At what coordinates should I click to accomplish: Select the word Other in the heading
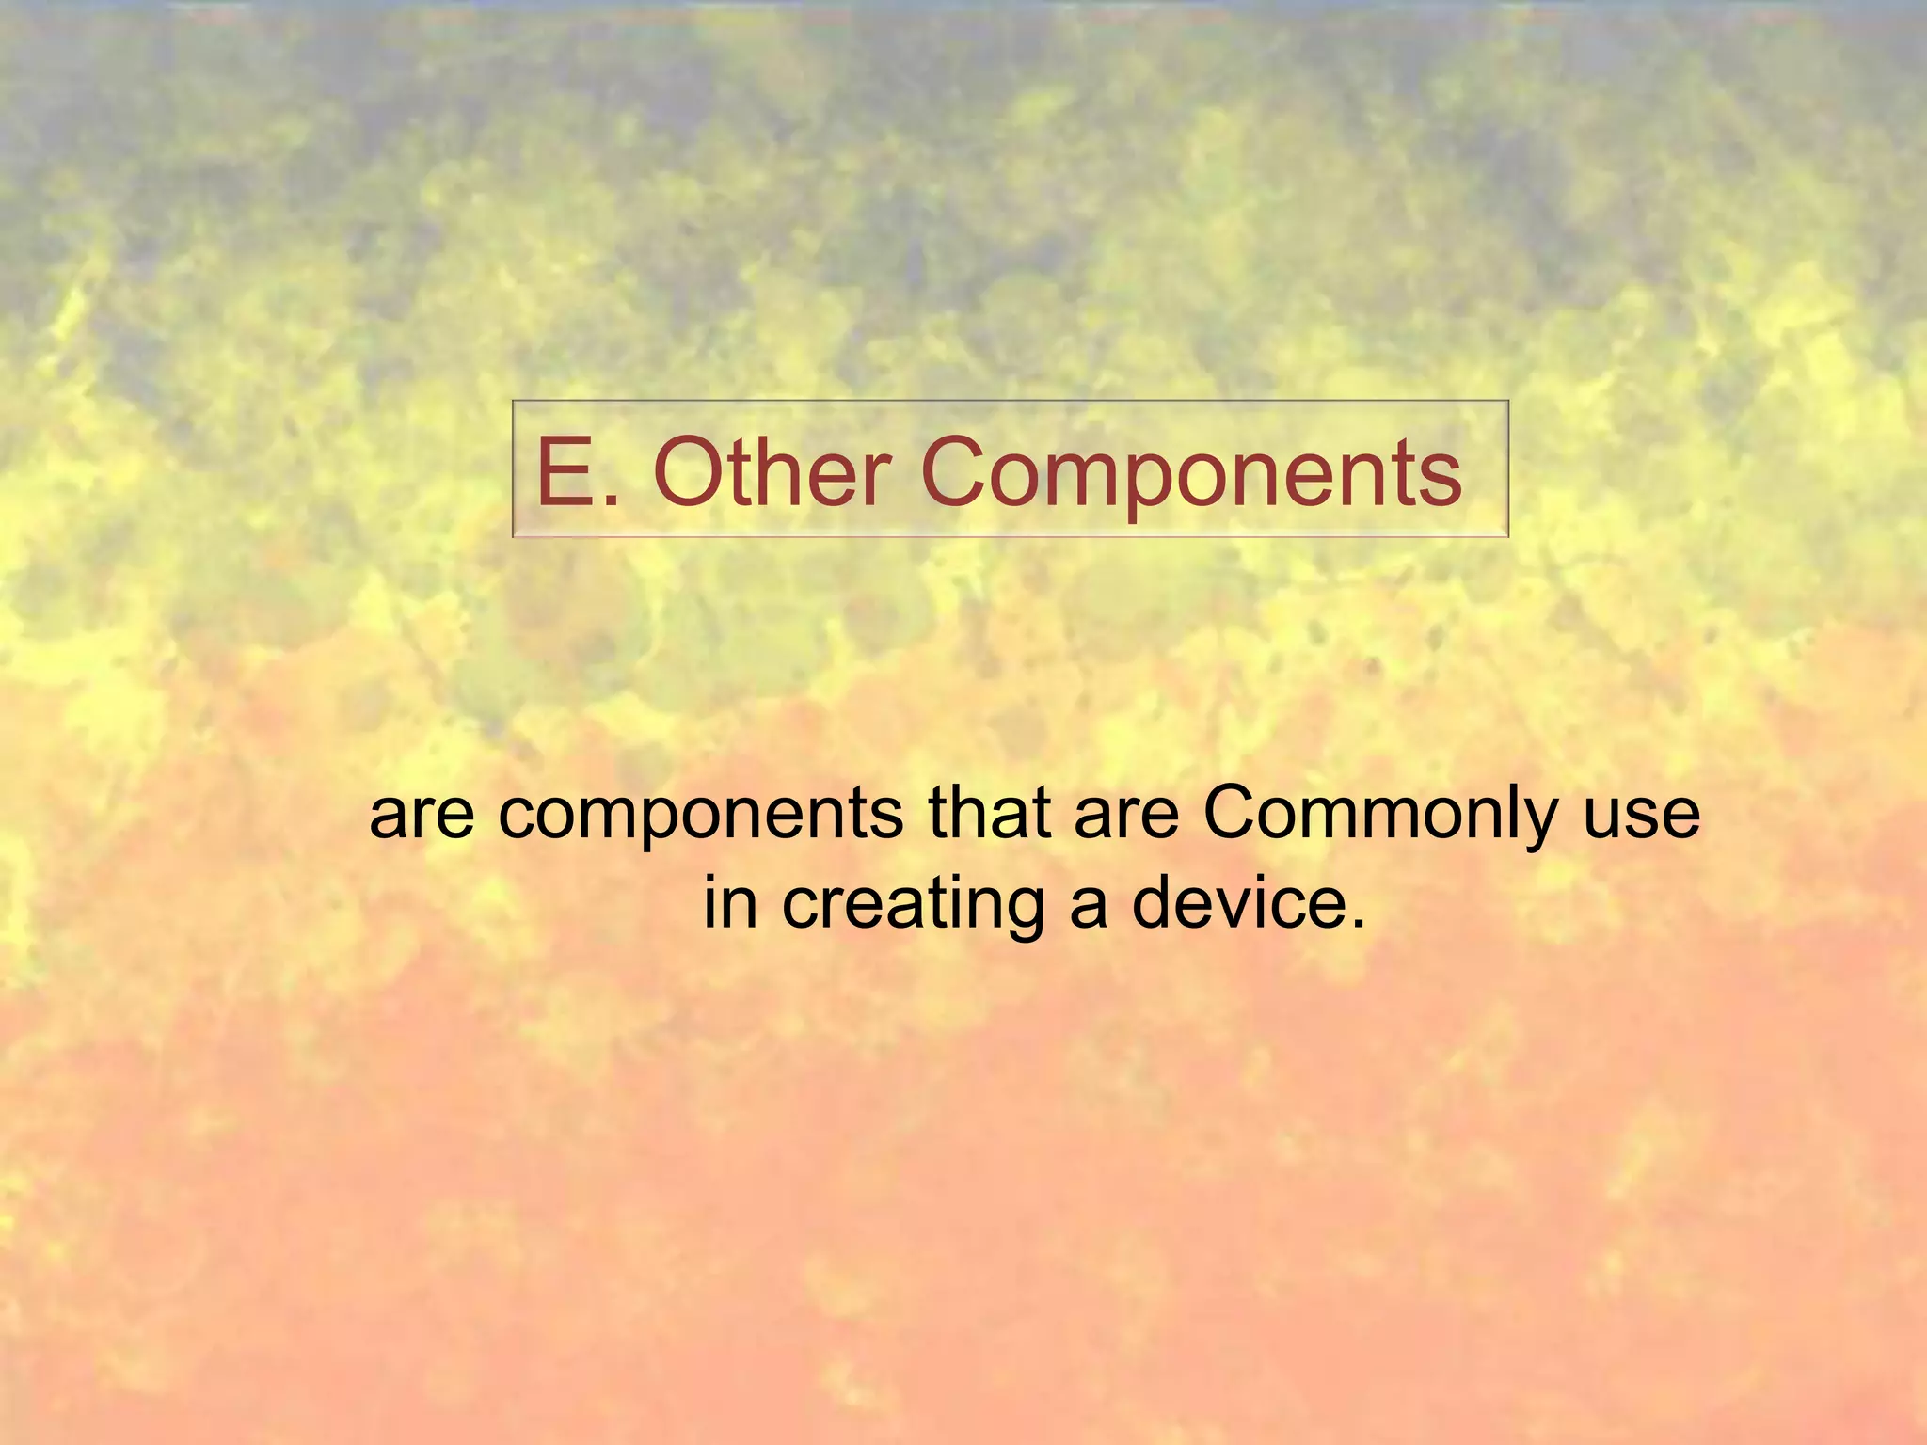click(772, 472)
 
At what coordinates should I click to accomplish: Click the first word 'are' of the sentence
click(422, 817)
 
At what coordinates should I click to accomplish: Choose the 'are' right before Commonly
click(1125, 817)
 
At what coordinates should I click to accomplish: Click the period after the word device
click(1356, 925)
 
